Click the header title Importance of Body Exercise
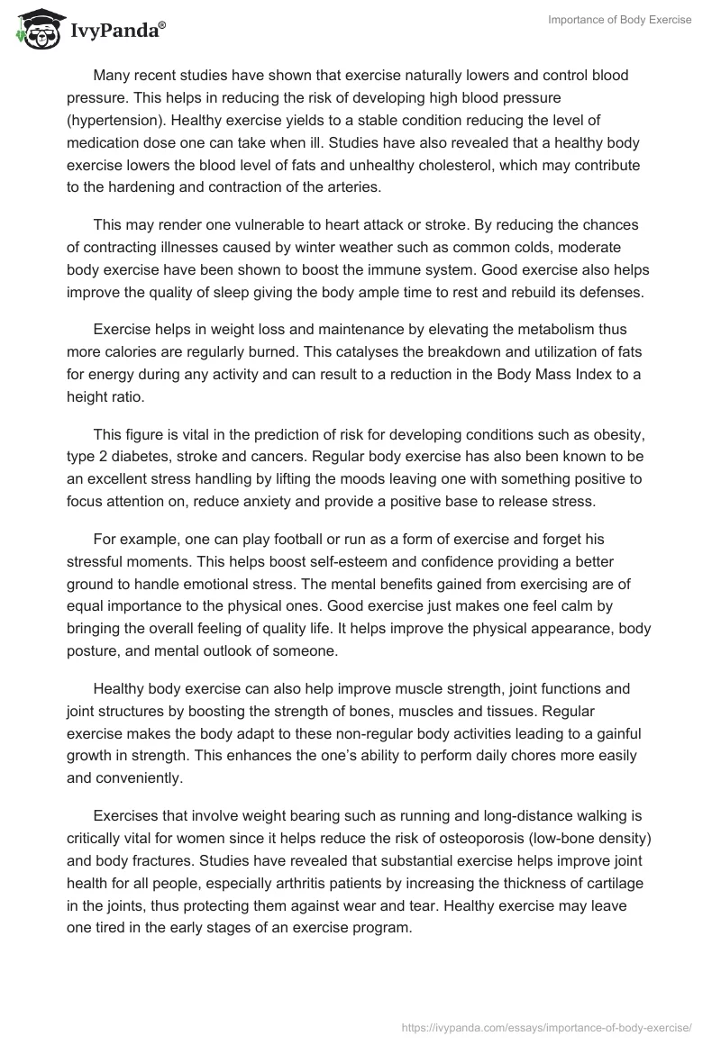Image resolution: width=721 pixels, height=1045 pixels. coord(619,20)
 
